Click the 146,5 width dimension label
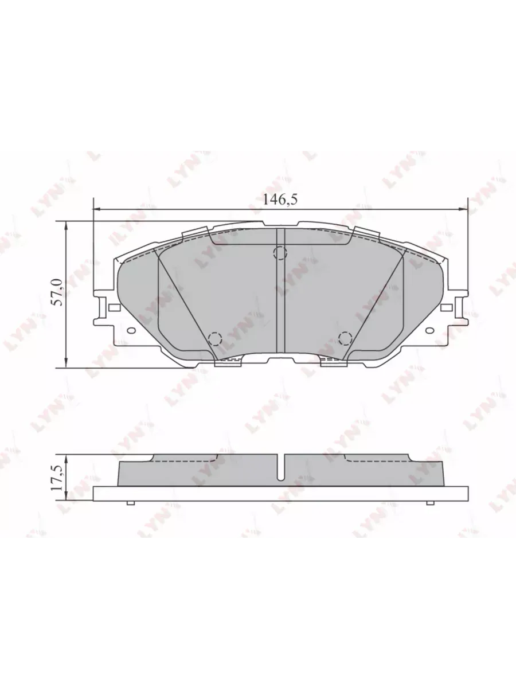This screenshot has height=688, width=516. click(279, 200)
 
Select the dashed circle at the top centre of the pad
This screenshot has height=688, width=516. click(280, 253)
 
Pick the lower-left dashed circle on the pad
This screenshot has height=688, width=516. click(215, 338)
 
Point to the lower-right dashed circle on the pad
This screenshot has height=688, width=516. click(346, 338)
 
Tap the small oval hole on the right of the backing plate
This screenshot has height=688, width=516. click(430, 330)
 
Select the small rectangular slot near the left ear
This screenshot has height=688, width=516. click(114, 307)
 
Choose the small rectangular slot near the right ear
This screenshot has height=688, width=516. click(446, 307)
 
